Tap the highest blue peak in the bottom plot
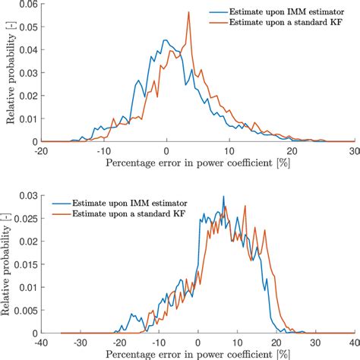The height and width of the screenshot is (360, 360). [x=223, y=197]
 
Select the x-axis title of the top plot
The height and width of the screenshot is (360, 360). [x=197, y=163]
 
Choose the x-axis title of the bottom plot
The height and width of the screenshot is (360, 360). [x=197, y=354]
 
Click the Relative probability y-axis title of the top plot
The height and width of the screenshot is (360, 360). [x=10, y=72]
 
